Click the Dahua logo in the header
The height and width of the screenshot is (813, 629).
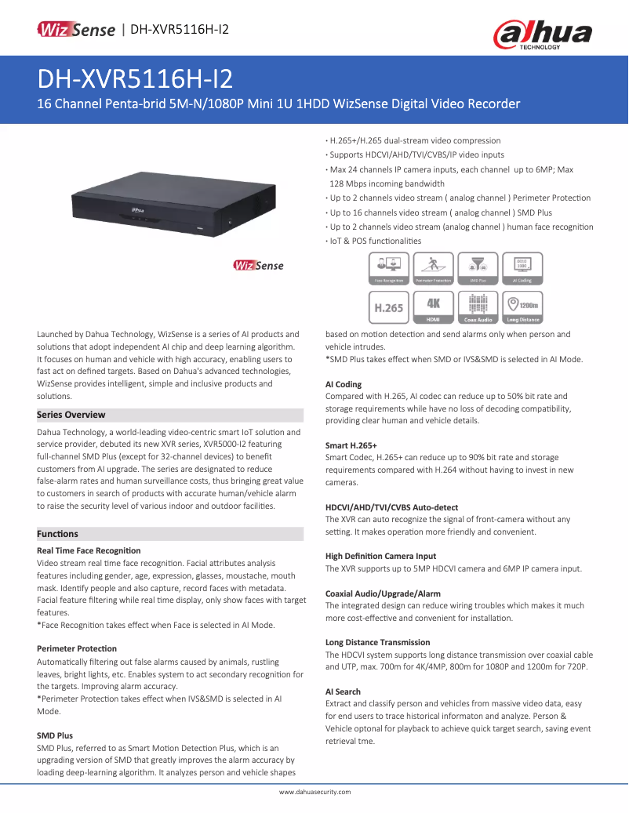pyautogui.click(x=542, y=34)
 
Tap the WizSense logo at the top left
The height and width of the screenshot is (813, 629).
pyautogui.click(x=77, y=30)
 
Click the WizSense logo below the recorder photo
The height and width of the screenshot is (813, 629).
pyautogui.click(x=258, y=266)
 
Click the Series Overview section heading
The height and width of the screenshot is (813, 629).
pyautogui.click(x=71, y=415)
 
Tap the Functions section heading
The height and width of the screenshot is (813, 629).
pyautogui.click(x=57, y=534)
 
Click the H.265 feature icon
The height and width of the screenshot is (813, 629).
pyautogui.click(x=388, y=307)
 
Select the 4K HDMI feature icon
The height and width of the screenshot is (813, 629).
pyautogui.click(x=433, y=307)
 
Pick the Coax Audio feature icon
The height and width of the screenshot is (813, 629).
pyautogui.click(x=478, y=307)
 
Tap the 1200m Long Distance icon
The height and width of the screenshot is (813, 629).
pyautogui.click(x=522, y=307)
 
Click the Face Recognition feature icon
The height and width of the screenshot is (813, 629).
pyautogui.click(x=388, y=268)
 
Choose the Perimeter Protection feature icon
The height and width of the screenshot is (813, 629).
pyautogui.click(x=433, y=268)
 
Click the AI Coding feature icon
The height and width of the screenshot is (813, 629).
pyautogui.click(x=522, y=268)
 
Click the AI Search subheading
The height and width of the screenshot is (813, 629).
pyautogui.click(x=343, y=691)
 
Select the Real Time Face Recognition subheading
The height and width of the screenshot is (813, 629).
pyautogui.click(x=89, y=551)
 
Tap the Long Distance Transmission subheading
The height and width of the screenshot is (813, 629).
pyautogui.click(x=377, y=642)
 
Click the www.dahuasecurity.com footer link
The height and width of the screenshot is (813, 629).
pyautogui.click(x=314, y=792)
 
